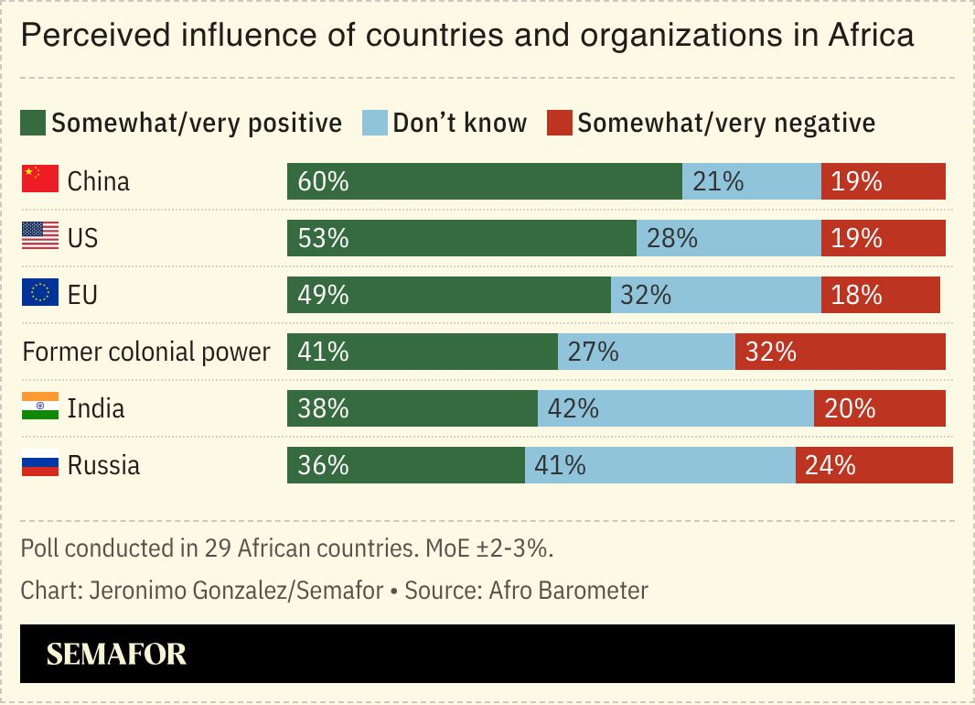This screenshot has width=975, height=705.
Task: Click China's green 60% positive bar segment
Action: [x=485, y=181]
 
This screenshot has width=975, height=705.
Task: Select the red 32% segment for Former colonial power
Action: [x=840, y=352]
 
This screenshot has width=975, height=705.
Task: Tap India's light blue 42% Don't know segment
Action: [x=675, y=408]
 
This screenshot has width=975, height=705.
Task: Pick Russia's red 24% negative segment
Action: [x=873, y=465]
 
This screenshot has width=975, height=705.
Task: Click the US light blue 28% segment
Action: [x=728, y=238]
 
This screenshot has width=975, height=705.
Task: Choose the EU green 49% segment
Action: [x=448, y=295]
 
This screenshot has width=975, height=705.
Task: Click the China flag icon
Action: [x=39, y=180]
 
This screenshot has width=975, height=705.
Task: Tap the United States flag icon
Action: [x=39, y=237]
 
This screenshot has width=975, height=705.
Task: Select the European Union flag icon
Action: [x=39, y=294]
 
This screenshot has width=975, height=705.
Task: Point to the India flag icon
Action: [x=39, y=407]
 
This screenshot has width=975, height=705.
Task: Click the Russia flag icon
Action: [x=39, y=465]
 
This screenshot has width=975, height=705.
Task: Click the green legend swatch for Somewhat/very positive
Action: [x=33, y=123]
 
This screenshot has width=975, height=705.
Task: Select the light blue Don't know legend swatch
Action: [x=375, y=123]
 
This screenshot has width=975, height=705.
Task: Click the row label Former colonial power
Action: [x=146, y=352]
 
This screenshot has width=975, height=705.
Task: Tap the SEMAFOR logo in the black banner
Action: [x=116, y=654]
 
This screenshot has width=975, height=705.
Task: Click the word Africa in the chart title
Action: [x=871, y=36]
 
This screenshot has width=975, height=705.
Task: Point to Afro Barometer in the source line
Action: [x=568, y=591]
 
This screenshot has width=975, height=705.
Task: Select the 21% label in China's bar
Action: [x=718, y=181]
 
